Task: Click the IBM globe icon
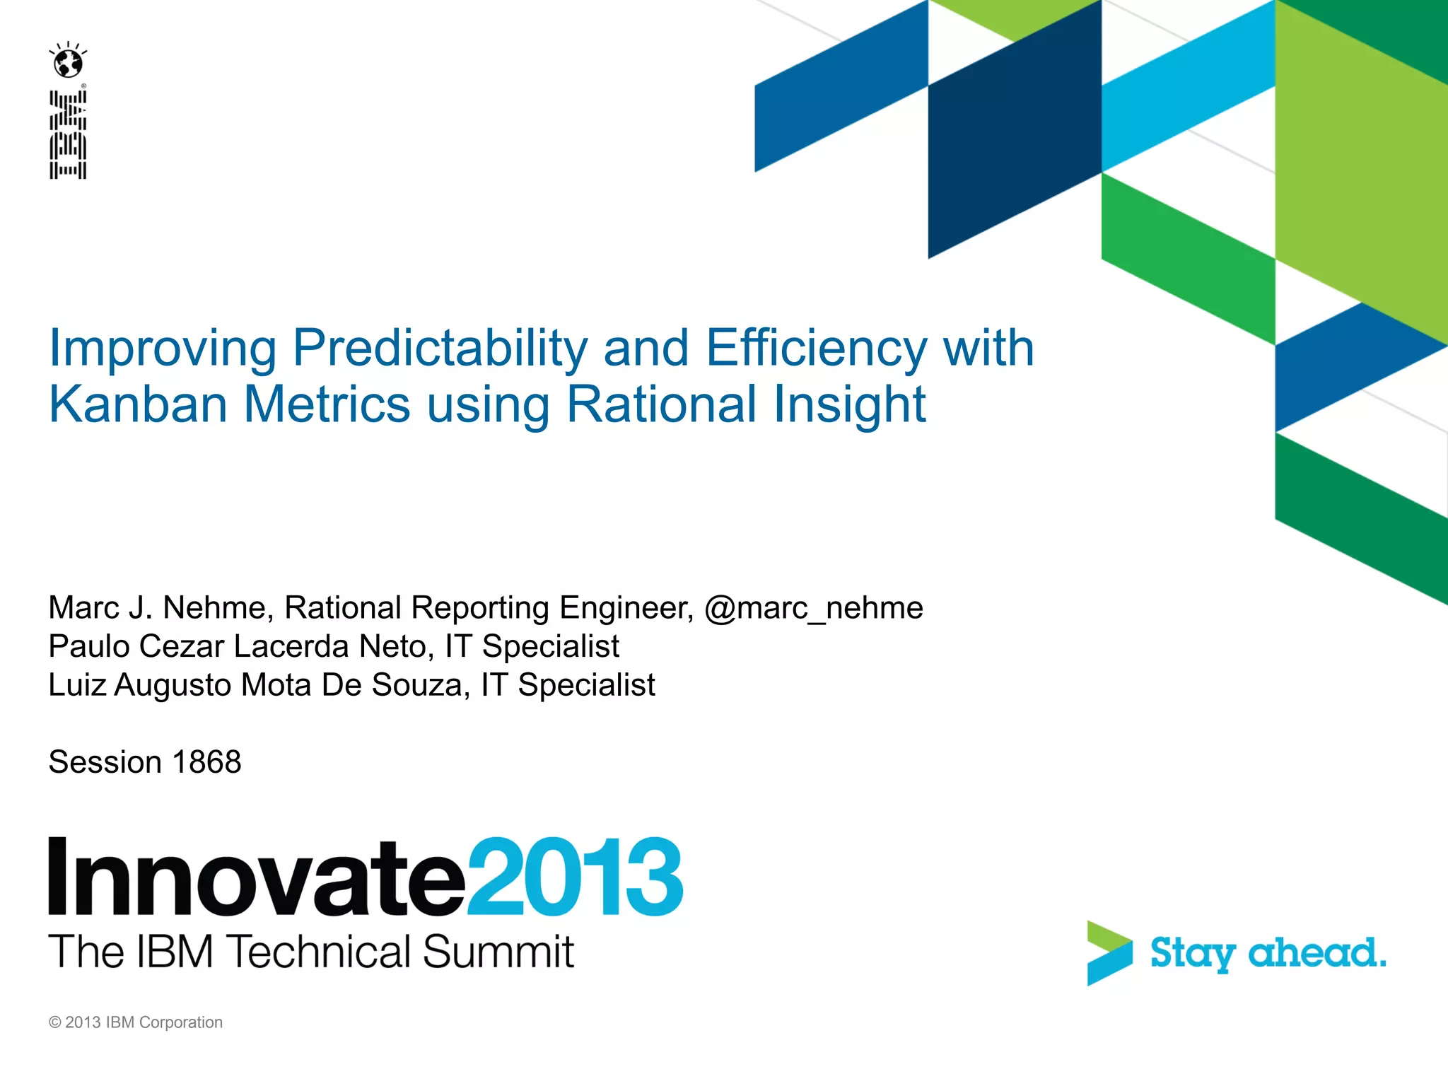click(x=69, y=62)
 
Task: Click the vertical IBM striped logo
click(x=68, y=134)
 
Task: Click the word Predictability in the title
click(x=440, y=348)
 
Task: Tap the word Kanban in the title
click(x=138, y=404)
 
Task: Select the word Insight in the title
click(x=849, y=404)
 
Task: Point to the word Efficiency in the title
click(x=816, y=348)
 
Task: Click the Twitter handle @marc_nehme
click(x=814, y=608)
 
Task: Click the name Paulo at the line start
click(x=88, y=646)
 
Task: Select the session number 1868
click(x=206, y=762)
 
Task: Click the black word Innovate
click(x=257, y=877)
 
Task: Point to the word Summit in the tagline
click(x=498, y=952)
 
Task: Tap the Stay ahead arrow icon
click(x=1109, y=952)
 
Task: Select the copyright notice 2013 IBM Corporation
click(x=136, y=1022)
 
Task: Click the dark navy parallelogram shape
click(x=1014, y=141)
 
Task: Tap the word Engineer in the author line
click(x=626, y=608)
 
